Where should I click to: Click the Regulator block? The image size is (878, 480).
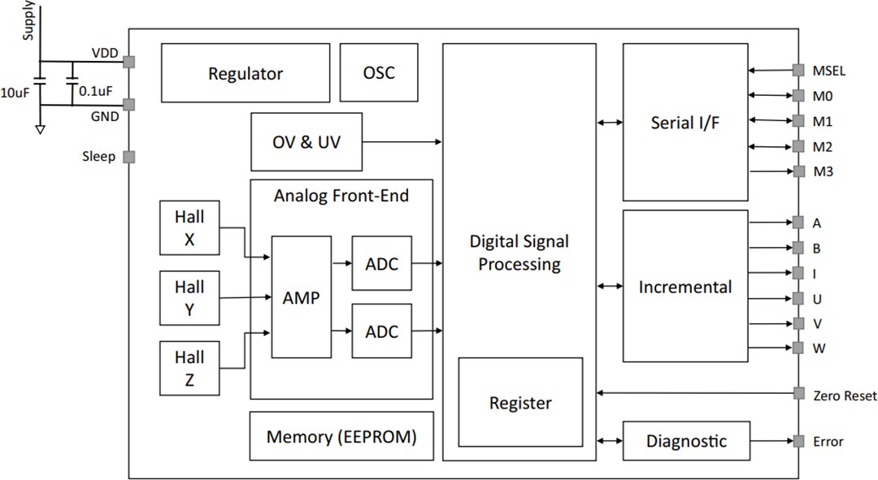pos(246,73)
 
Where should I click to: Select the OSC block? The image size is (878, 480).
pos(379,72)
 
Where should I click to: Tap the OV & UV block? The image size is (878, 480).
pos(306,142)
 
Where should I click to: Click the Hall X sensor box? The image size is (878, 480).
pos(189,228)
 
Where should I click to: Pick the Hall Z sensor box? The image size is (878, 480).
pos(189,368)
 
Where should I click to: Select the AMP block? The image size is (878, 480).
pos(301,297)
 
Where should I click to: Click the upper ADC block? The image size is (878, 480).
pos(381,263)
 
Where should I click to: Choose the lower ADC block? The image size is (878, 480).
pos(381,331)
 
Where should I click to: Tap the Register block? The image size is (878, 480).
pos(520,403)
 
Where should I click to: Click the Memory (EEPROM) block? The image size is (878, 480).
pos(341,437)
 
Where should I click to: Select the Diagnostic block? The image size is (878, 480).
pos(686,441)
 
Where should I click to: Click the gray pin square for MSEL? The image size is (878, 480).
pos(798,71)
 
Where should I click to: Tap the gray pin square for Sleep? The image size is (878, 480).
pos(128,157)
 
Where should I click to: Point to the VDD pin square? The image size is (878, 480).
pos(128,61)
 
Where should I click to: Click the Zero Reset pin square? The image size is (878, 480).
pos(798,395)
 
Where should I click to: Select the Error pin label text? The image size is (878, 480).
pos(828,442)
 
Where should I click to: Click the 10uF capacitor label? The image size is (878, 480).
pos(16,92)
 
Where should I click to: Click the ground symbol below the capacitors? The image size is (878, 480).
pos(41,128)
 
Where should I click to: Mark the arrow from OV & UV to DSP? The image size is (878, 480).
pos(402,142)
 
